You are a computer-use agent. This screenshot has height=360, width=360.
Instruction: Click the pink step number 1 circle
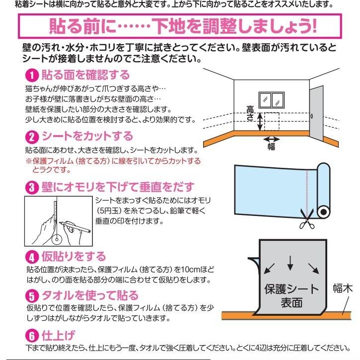tap(31, 76)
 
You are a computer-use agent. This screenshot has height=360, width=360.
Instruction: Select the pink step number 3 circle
tap(31, 188)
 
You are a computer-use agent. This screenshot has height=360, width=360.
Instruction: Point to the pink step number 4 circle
tap(31, 257)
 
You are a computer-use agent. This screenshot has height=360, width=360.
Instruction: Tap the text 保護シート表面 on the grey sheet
tap(291, 294)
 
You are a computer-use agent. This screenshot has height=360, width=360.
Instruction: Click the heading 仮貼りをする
tap(73, 257)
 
